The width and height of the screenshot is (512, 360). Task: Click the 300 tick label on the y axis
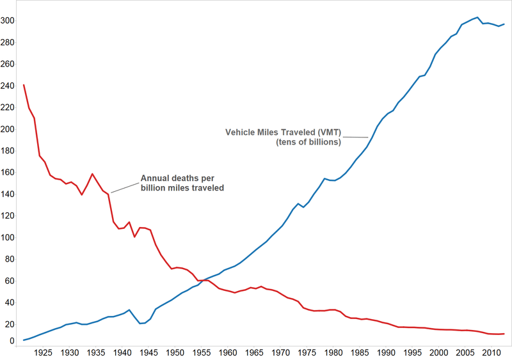point(9,20)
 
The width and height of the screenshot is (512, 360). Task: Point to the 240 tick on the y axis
point(9,86)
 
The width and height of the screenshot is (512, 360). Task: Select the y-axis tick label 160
point(9,173)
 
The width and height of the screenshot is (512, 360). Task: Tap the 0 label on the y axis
point(12,341)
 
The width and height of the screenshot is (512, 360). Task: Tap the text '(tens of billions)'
point(308,142)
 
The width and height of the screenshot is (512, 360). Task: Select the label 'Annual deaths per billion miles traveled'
point(182,184)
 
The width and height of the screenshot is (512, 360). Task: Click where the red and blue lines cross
point(202,280)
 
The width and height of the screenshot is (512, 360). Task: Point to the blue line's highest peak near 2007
point(477,17)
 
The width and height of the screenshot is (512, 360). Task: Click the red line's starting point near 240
point(24,85)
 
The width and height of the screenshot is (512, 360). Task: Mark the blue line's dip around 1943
point(140,324)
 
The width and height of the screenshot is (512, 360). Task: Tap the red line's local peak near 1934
point(93,174)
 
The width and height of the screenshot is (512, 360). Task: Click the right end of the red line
point(504,334)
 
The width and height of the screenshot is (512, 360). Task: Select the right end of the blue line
point(504,24)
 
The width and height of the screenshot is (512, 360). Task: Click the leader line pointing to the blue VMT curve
point(356,136)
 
